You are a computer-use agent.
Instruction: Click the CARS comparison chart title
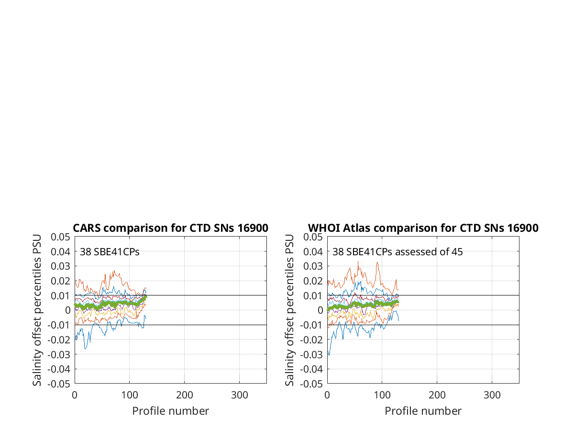pos(170,228)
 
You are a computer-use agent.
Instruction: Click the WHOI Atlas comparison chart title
pos(423,228)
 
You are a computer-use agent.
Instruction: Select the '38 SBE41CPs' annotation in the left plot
pos(110,252)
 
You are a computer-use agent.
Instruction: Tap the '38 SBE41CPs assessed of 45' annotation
pos(397,252)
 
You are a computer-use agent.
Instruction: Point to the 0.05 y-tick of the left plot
pos(60,237)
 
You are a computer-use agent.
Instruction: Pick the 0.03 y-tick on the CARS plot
pos(60,266)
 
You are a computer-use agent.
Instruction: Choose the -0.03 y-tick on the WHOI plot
pos(311,355)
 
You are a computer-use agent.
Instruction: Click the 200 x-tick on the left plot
pos(184,395)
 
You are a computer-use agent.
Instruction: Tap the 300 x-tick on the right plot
pos(492,395)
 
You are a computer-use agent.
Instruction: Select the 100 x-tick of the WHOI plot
pos(382,395)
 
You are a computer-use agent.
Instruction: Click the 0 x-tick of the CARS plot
pos(75,395)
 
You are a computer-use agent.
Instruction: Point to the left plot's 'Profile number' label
pos(170,411)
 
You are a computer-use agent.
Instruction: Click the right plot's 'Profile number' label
pos(423,411)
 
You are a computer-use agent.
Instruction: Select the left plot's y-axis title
pos(37,310)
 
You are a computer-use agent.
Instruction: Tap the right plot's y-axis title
pos(289,310)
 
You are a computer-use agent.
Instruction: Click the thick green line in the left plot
pos(110,304)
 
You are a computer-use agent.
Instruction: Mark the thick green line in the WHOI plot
pos(364,305)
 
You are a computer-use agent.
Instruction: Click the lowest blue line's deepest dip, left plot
pos(85,349)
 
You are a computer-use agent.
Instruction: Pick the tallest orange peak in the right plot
pos(358,261)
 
